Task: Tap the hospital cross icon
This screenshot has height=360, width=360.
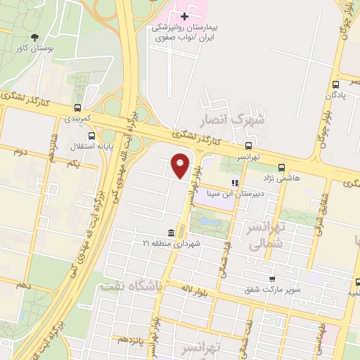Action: pyautogui.click(x=184, y=15)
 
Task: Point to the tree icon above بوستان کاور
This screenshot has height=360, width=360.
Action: pyautogui.click(x=35, y=37)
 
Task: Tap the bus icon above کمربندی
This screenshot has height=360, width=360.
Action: pyautogui.click(x=77, y=108)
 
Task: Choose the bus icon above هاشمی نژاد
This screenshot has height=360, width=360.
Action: pyautogui.click(x=281, y=167)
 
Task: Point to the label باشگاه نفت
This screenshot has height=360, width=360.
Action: pyautogui.click(x=131, y=286)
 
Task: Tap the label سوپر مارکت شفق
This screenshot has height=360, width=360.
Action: pyautogui.click(x=273, y=289)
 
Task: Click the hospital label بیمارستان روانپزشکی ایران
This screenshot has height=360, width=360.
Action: pyautogui.click(x=186, y=32)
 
